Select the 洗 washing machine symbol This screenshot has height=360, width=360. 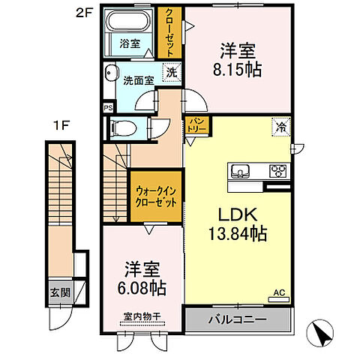(x=172, y=73)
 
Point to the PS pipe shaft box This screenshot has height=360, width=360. (x=107, y=106)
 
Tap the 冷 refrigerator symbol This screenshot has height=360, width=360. (x=279, y=126)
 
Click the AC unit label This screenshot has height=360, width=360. (x=278, y=292)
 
